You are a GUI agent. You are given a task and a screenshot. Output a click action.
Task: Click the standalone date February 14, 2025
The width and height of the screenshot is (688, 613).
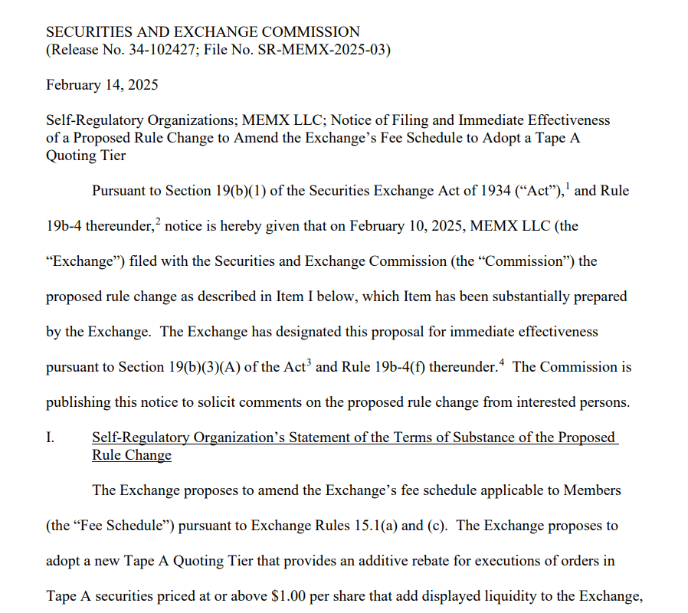pos(102,84)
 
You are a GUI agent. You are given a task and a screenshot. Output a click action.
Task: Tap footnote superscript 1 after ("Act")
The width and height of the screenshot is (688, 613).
pos(567,186)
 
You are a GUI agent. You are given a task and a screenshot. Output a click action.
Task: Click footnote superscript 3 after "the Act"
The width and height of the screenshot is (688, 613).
pos(310,362)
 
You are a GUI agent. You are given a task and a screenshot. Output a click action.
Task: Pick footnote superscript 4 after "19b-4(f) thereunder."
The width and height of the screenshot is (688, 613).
pos(502,362)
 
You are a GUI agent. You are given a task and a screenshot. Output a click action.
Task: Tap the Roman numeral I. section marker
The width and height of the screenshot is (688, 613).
pos(51,438)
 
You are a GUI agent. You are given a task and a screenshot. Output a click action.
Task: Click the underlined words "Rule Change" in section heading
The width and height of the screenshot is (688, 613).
pos(131,455)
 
